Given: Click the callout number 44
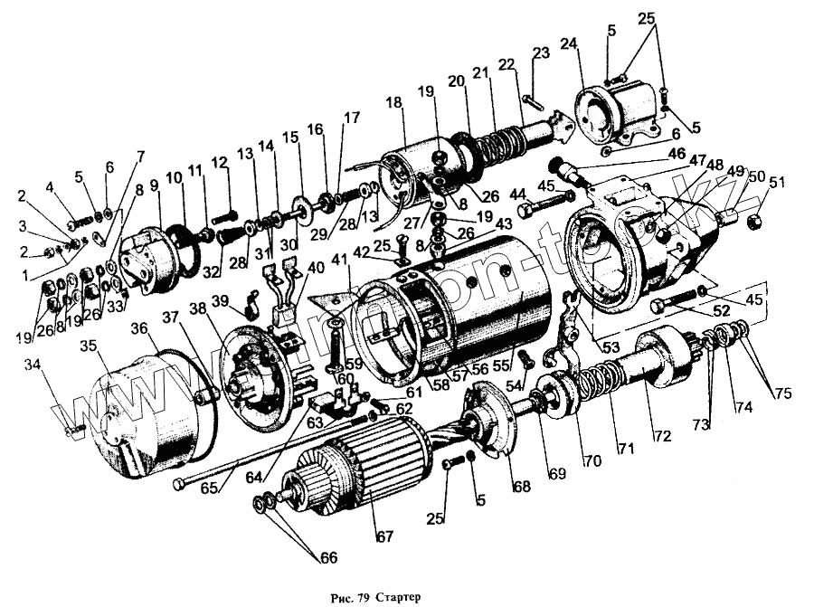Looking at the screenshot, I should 516,194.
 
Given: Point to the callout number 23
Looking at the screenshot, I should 541,53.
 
